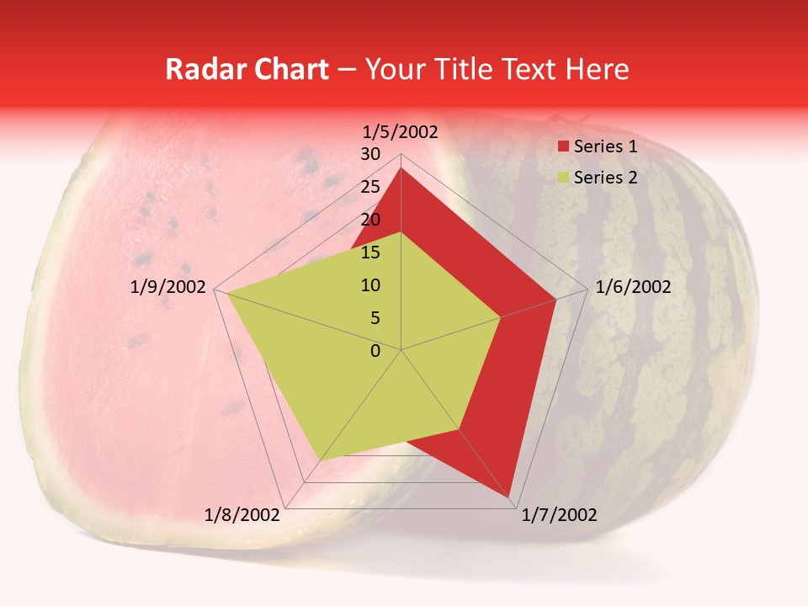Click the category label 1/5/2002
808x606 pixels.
[401, 131]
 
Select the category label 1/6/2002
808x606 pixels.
[633, 287]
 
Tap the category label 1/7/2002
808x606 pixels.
[559, 514]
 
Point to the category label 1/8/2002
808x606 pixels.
[242, 514]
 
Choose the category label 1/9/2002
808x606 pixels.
[168, 287]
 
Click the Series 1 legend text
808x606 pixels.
[605, 146]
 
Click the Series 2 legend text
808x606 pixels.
[605, 177]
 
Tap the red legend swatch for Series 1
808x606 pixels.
[564, 147]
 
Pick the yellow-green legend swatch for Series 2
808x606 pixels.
[564, 178]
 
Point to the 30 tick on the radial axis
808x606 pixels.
[370, 154]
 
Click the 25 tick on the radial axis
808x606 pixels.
[370, 187]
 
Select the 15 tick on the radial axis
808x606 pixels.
[370, 252]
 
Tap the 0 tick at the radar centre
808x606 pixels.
[375, 351]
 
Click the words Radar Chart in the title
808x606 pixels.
[247, 69]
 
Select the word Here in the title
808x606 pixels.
[598, 69]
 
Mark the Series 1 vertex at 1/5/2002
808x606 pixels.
[401, 168]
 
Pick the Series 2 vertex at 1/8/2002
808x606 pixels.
[321, 460]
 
